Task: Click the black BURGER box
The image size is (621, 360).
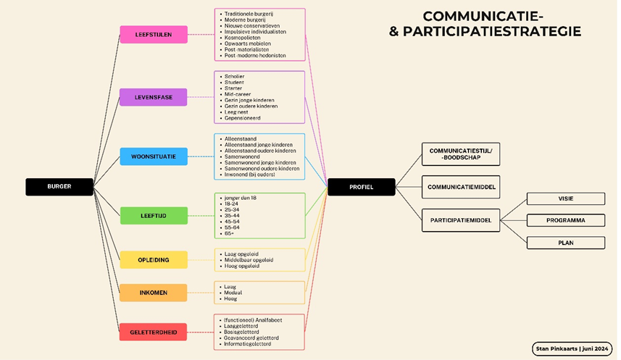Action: (59, 187)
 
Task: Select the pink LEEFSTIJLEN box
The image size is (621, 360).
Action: (154, 35)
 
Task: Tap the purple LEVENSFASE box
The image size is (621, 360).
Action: (154, 97)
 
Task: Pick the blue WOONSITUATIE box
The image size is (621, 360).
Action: (154, 156)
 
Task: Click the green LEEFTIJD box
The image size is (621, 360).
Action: (154, 215)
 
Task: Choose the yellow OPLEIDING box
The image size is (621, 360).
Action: (154, 260)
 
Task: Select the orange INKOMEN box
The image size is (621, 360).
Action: (154, 293)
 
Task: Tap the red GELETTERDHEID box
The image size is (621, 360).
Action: (154, 332)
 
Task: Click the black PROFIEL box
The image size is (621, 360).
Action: (361, 187)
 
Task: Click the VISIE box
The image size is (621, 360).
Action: (565, 198)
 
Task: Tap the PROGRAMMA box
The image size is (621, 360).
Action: (565, 220)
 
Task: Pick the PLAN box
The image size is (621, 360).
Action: (565, 243)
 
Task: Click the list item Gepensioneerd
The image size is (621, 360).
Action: (242, 118)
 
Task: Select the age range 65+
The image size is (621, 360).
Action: (230, 233)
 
